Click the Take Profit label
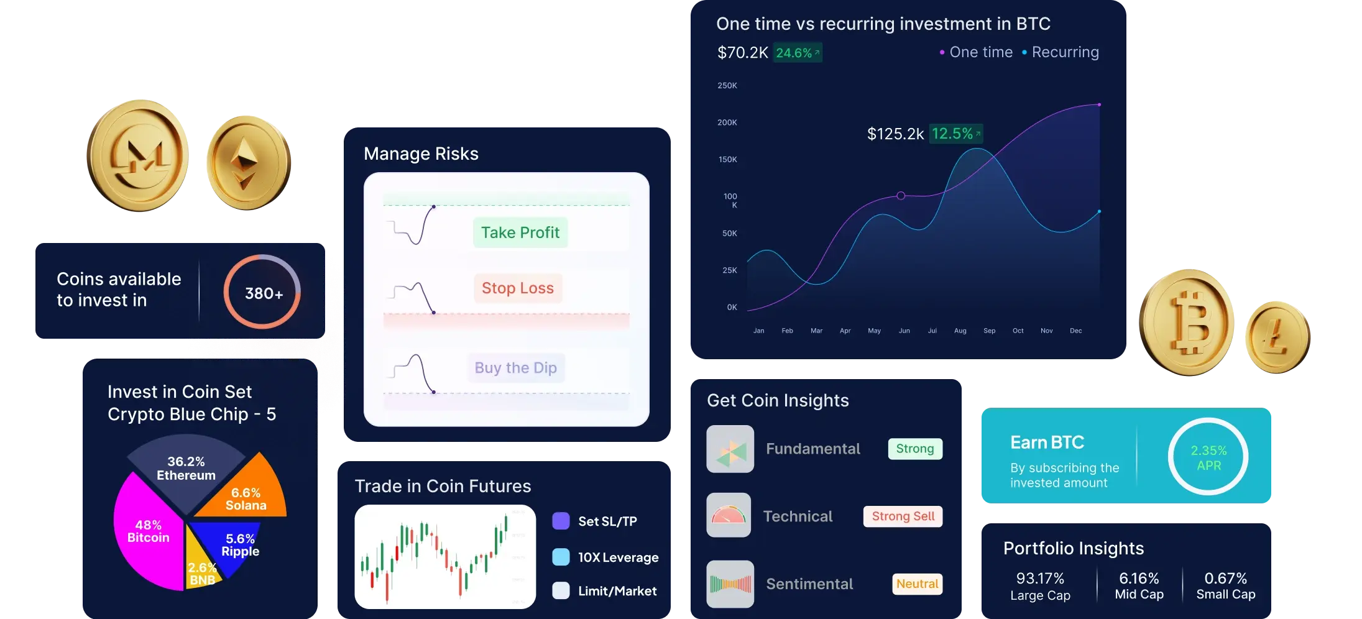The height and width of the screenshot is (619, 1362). point(520,232)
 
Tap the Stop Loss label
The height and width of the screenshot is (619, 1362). point(518,288)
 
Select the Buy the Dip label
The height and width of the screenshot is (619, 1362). point(516,367)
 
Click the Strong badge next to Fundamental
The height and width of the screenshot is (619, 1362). point(915,448)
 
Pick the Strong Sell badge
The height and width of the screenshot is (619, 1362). point(903,516)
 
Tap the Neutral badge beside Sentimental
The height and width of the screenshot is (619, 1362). point(917,584)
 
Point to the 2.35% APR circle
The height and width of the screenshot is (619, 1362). point(1208,457)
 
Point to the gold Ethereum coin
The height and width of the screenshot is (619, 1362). point(249,163)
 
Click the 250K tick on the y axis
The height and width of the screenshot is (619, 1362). point(727,86)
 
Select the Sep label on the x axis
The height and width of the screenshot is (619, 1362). point(989,331)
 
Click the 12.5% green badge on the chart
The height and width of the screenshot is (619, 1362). point(955,134)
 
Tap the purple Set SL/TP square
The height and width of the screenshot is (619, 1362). point(561,521)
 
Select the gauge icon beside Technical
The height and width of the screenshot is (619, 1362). point(729,515)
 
